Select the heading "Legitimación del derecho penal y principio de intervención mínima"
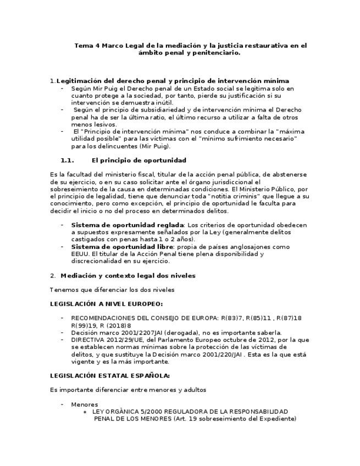pos(173,81)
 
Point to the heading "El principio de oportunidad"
pos(139,160)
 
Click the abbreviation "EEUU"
pos(80,254)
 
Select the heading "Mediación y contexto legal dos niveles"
pos(128,275)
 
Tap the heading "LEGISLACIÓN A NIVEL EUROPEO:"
pos(106,303)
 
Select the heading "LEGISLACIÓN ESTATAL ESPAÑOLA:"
pos(109,376)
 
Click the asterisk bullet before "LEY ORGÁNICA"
pos(85,412)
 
